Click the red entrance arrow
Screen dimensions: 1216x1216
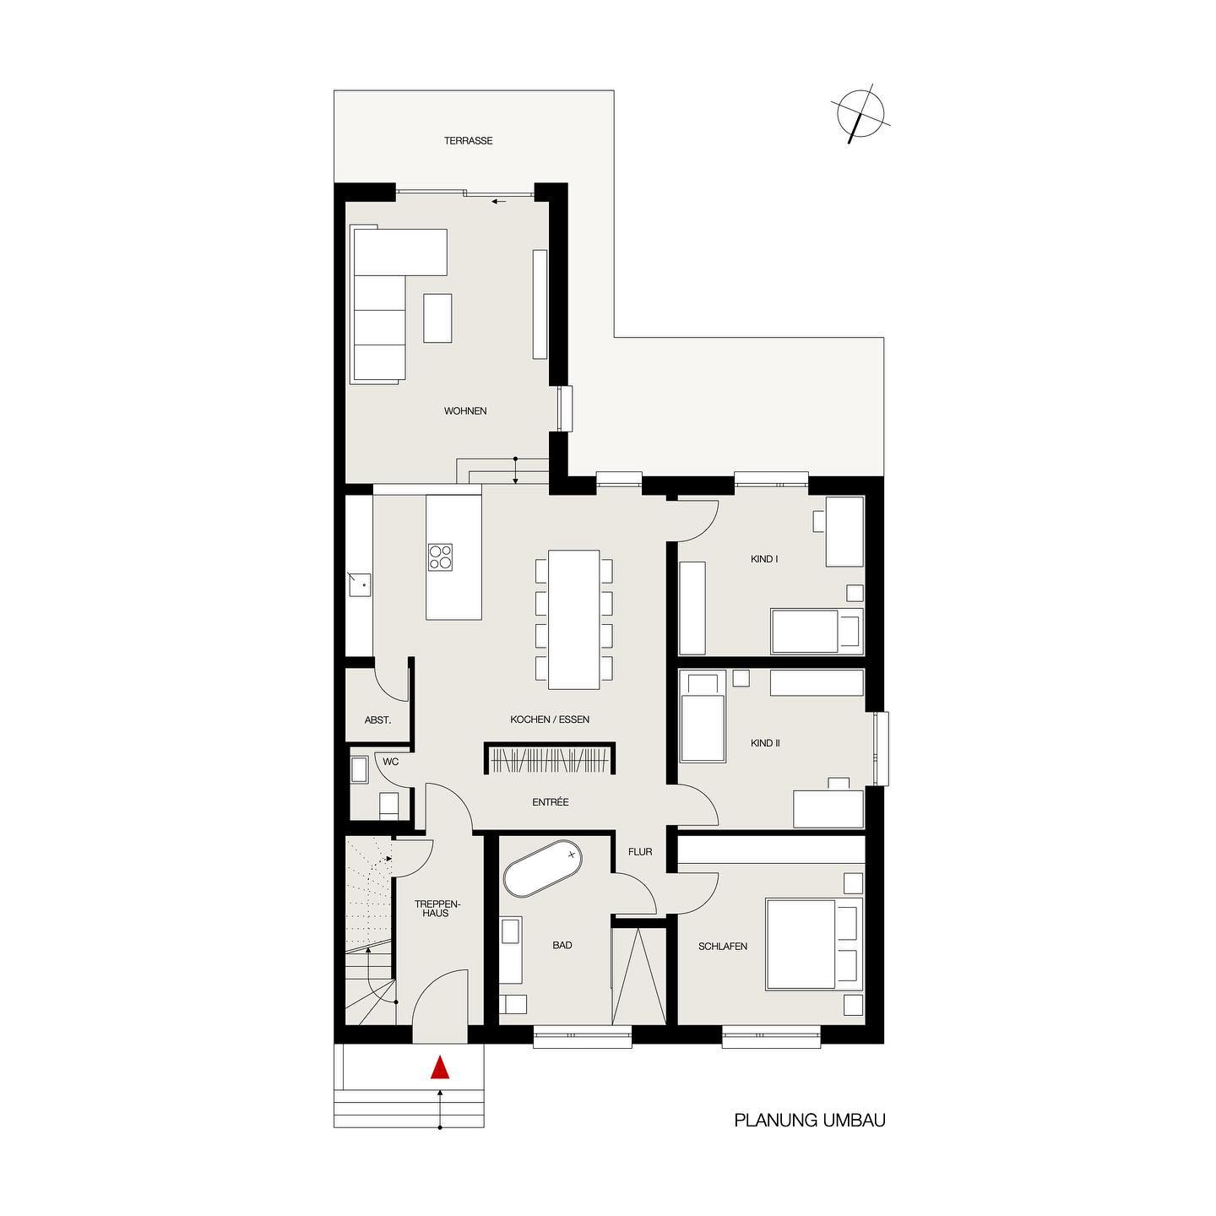tap(439, 1067)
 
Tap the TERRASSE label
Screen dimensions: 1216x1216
tap(468, 141)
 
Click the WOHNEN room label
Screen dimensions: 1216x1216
tap(465, 410)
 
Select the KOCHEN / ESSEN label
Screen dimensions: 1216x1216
tap(550, 719)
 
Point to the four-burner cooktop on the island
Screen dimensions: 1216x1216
tap(440, 556)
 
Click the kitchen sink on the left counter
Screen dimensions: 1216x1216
tap(361, 584)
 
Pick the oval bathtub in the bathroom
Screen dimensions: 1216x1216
tap(542, 869)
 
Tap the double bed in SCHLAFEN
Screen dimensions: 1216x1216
tap(813, 944)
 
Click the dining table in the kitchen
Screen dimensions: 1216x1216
tap(573, 620)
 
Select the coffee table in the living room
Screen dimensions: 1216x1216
tap(437, 318)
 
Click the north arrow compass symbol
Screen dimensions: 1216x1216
tap(860, 114)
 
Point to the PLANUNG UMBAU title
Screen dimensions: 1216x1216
tap(810, 1137)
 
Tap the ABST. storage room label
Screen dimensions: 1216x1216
tap(378, 720)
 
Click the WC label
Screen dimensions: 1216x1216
tap(391, 762)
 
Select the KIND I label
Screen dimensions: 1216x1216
tap(763, 559)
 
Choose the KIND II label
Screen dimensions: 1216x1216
tap(765, 743)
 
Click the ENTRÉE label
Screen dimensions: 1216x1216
tap(551, 802)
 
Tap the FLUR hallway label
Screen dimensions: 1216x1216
tap(640, 852)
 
